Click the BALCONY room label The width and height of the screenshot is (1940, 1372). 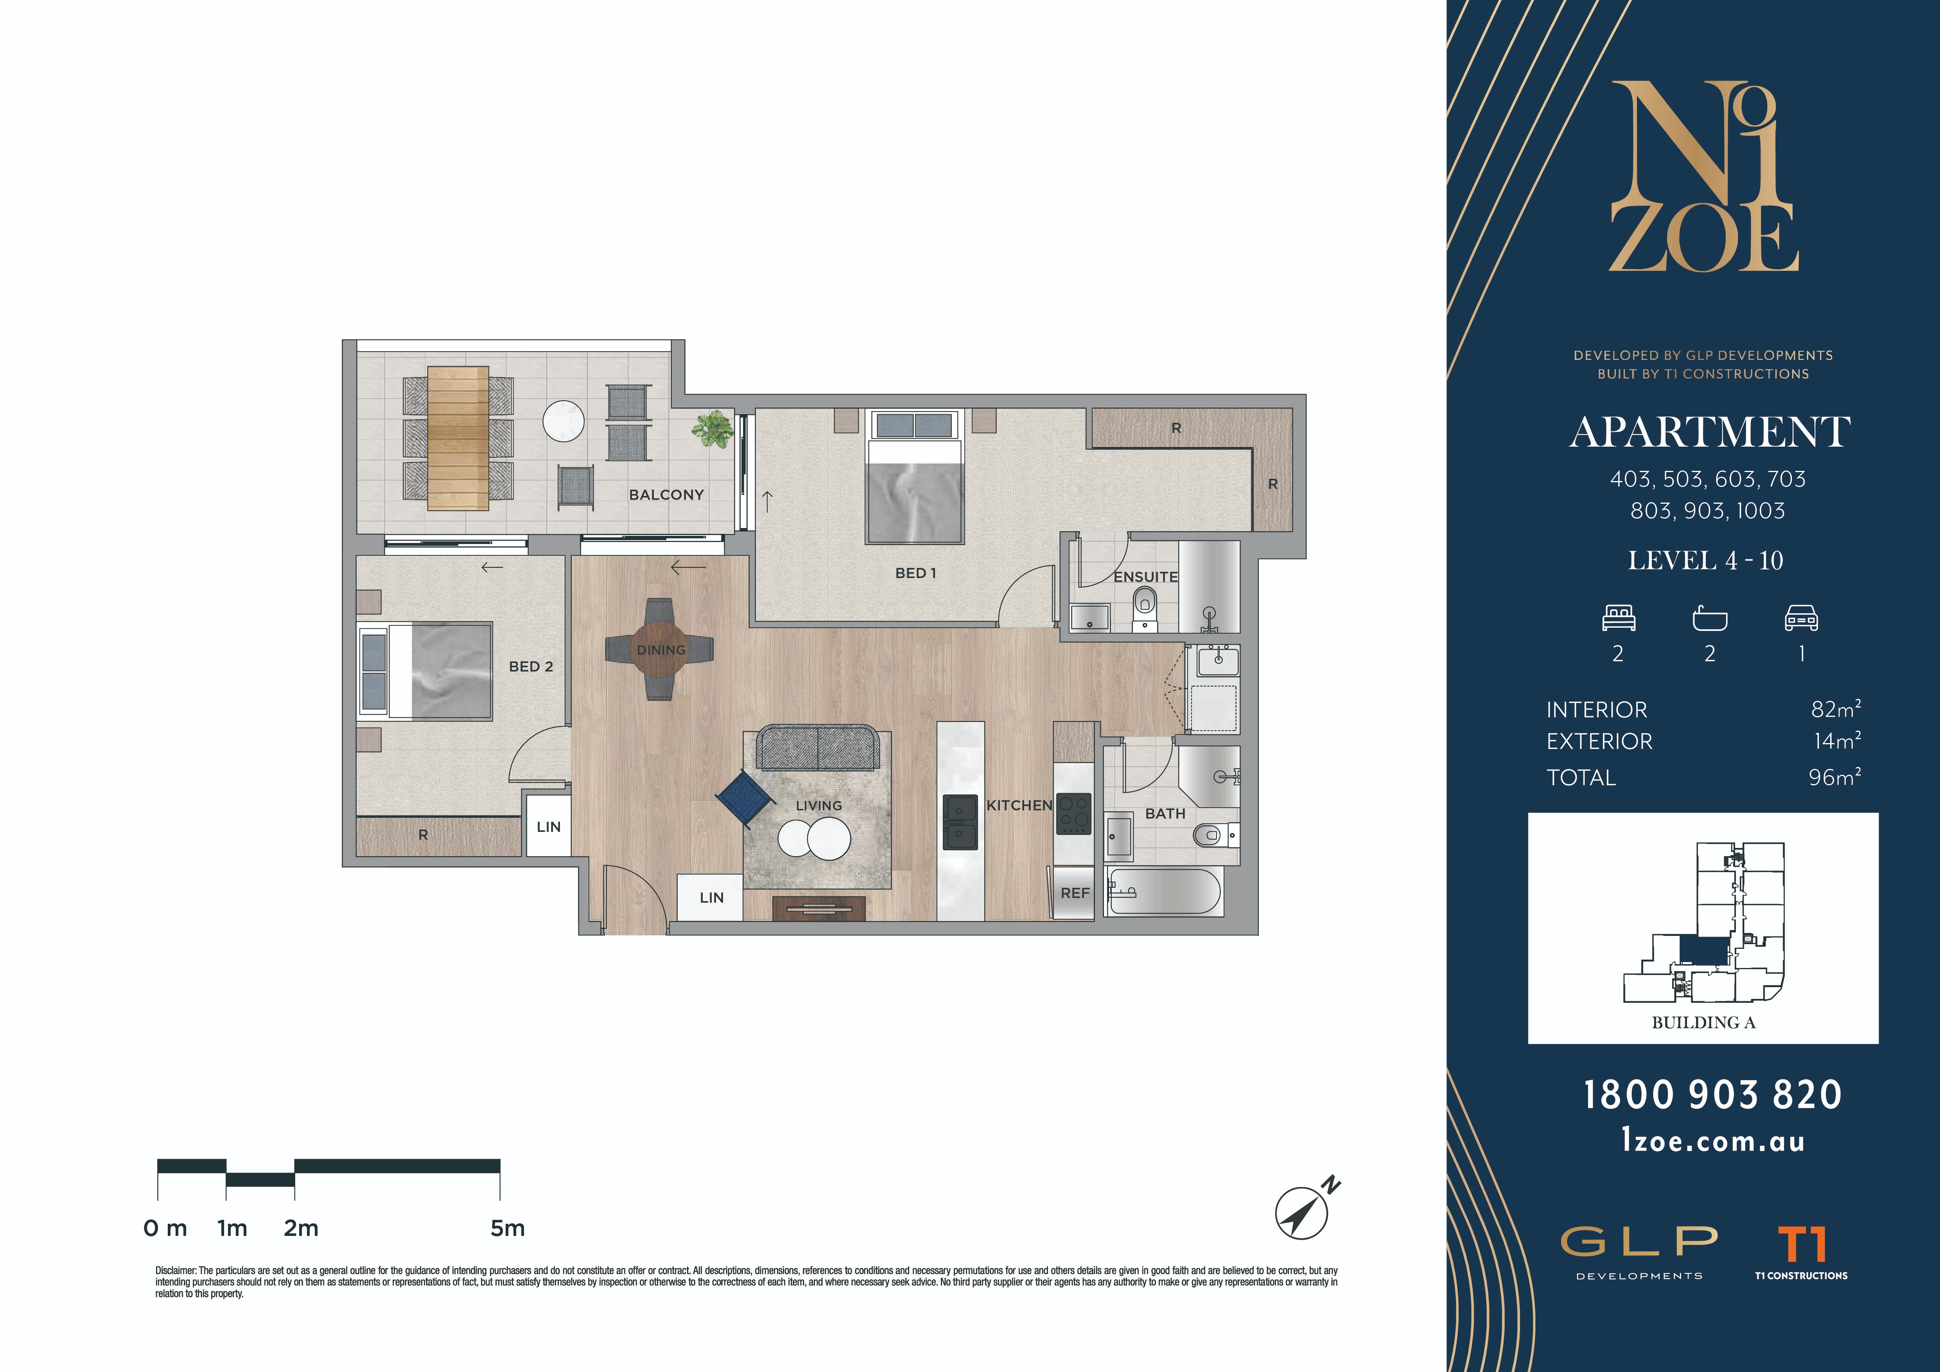[x=666, y=495]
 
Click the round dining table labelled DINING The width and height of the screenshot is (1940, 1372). [x=660, y=649]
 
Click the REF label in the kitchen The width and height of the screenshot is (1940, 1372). [x=1075, y=893]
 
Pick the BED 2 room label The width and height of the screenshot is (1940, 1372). [x=531, y=666]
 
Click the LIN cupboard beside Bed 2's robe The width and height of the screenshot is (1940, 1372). [x=548, y=826]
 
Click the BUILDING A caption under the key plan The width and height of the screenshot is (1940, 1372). [x=1703, y=1022]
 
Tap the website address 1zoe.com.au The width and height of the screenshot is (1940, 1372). [x=1713, y=1141]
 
